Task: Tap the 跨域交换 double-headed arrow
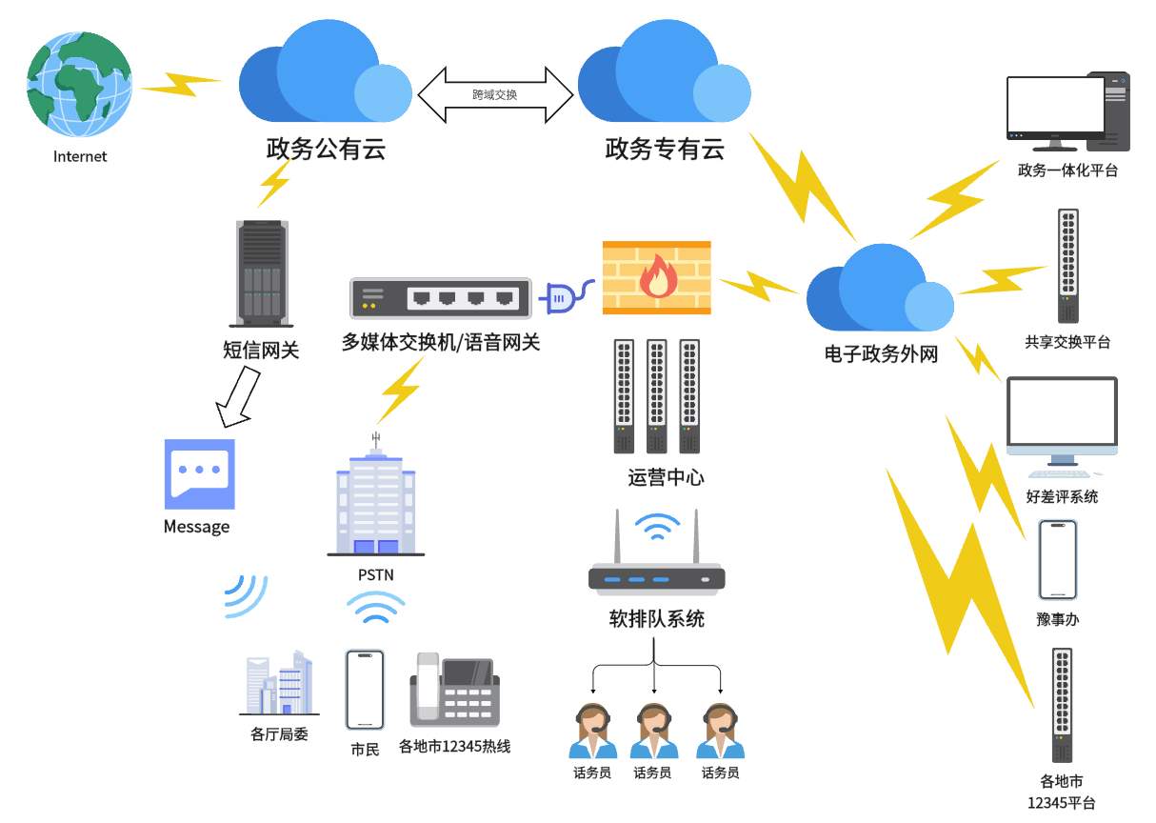[x=495, y=94]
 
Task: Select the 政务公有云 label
[x=326, y=150]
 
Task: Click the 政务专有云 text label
[x=665, y=150]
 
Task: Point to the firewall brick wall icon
[x=657, y=277]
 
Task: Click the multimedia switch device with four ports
[x=440, y=298]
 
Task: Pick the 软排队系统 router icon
[x=657, y=562]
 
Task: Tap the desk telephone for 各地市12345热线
[x=454, y=692]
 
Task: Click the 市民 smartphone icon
[x=365, y=690]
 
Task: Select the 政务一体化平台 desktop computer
[x=1066, y=112]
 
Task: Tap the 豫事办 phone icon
[x=1057, y=560]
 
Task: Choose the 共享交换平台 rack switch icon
[x=1067, y=266]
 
